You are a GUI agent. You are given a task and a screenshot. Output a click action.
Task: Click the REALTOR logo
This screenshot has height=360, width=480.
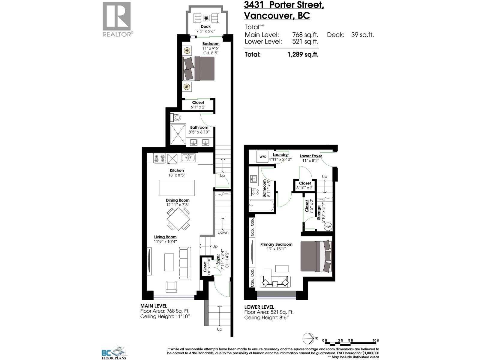117,19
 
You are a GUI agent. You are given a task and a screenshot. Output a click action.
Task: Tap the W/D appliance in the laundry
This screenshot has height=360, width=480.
263,157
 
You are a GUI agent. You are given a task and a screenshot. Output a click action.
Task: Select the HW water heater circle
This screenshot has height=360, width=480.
328,226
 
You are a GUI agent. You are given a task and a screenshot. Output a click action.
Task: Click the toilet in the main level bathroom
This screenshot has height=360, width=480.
176,117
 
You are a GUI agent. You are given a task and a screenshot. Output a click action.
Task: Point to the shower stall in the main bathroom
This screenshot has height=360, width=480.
178,135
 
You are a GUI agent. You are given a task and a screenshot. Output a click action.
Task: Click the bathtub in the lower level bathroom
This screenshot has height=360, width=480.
261,206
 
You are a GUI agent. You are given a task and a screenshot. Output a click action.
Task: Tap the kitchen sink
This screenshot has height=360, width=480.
188,157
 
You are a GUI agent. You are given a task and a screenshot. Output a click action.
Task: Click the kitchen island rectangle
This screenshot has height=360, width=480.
176,188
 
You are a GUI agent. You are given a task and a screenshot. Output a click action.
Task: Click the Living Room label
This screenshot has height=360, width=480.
165,237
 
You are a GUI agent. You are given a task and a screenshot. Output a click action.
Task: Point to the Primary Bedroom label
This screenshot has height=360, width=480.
276,244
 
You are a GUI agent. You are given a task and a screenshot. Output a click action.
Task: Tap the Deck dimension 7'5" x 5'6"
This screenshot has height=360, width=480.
206,31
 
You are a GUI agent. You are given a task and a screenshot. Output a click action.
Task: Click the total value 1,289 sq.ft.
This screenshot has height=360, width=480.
302,55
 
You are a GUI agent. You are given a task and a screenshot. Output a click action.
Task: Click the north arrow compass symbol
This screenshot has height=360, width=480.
307,338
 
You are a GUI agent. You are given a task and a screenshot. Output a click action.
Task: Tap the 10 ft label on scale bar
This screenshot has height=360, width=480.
376,340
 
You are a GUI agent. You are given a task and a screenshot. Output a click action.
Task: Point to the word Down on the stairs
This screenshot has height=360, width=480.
223,232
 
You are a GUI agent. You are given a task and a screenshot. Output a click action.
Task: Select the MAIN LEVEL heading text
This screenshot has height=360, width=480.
154,306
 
